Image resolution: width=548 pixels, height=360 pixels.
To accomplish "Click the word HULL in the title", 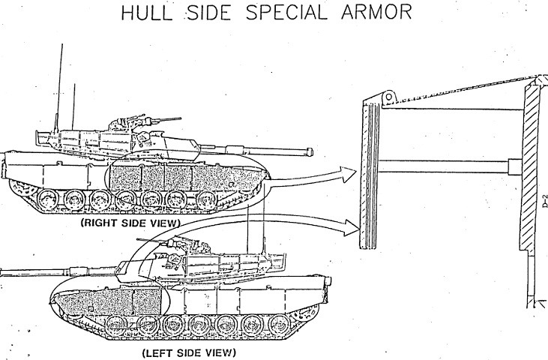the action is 147,13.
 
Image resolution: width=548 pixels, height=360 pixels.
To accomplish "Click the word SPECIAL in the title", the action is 286,13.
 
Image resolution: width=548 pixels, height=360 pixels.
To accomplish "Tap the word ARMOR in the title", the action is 376,13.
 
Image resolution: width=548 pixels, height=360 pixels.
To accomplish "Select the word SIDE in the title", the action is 209,13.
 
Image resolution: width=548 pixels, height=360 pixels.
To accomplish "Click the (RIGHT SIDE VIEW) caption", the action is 130,223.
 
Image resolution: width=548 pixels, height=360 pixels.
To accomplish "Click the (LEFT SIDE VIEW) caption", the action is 189,352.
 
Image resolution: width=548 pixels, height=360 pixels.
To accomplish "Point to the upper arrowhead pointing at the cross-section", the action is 349,175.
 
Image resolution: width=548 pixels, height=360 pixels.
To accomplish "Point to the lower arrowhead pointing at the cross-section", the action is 352,228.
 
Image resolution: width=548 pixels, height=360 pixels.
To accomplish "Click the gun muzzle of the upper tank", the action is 310,152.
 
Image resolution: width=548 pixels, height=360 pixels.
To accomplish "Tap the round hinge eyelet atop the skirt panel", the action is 389,97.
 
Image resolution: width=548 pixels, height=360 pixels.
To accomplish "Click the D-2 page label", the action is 544,202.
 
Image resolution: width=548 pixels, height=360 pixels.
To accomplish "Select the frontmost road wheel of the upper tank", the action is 206,200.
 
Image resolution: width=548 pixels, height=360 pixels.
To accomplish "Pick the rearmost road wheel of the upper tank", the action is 46,199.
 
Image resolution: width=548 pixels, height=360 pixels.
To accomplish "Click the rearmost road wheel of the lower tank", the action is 279,324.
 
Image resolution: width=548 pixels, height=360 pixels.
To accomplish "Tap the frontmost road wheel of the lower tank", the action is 115,325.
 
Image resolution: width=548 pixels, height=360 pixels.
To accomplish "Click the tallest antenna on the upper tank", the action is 59,88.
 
